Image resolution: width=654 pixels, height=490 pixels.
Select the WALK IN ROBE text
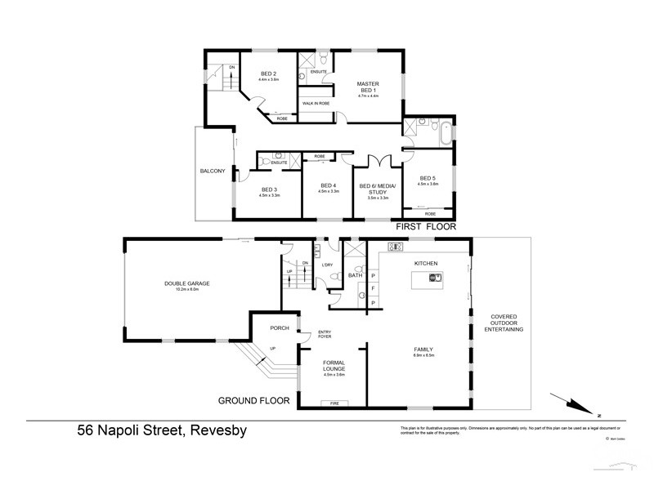tap(316, 104)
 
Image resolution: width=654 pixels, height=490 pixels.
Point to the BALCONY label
tap(212, 171)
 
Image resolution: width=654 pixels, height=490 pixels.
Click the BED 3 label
tap(269, 191)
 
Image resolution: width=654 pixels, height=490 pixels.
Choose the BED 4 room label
tap(329, 187)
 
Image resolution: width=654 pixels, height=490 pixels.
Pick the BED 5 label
tap(428, 179)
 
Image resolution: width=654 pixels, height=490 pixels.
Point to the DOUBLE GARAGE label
tap(187, 283)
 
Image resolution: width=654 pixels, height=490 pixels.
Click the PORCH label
tap(268, 329)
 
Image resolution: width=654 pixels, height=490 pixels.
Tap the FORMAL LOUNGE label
tap(334, 365)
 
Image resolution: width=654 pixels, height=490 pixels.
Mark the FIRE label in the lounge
tap(334, 403)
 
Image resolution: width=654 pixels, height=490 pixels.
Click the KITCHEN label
tap(426, 263)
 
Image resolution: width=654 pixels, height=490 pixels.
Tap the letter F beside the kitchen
tap(373, 289)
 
